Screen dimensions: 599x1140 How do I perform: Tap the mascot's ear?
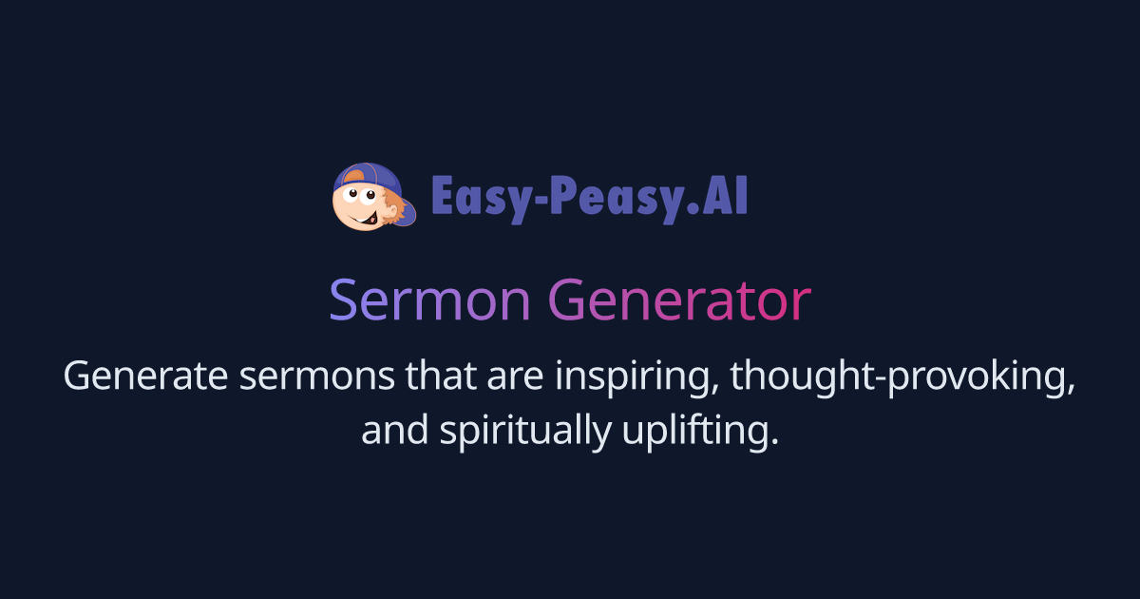(x=387, y=199)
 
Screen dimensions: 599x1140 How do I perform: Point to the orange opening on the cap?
(x=355, y=174)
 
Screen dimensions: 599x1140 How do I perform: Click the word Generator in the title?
(x=679, y=301)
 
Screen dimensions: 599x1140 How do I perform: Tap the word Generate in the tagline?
(x=147, y=377)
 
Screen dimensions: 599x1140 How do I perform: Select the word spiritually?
(x=524, y=432)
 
